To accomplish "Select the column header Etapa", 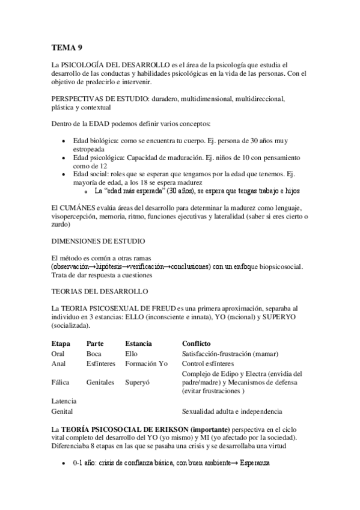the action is pos(61,343).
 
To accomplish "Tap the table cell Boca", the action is pos(94,354).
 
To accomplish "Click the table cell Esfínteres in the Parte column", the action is pos(102,364).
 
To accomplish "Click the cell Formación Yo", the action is pos(147,364).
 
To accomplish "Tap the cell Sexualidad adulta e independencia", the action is pos(231,411).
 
